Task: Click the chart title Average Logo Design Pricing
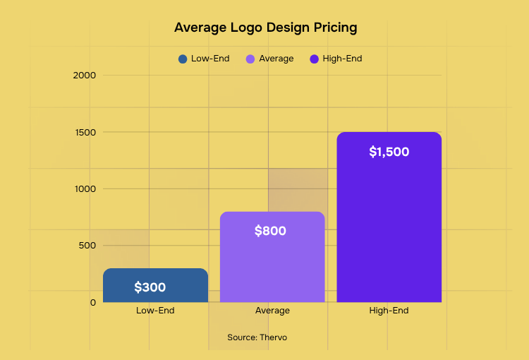pos(265,28)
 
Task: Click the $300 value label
pos(150,287)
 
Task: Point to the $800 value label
pos(270,231)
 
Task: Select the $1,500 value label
pos(389,152)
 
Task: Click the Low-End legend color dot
pos(183,59)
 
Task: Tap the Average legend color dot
pos(250,59)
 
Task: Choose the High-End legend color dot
pos(315,59)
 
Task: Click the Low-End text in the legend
pos(210,59)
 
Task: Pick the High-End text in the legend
pos(342,59)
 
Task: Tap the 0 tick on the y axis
pos(92,302)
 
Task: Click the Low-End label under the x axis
pos(155,311)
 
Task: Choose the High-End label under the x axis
pos(389,311)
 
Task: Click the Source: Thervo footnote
pos(257,337)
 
